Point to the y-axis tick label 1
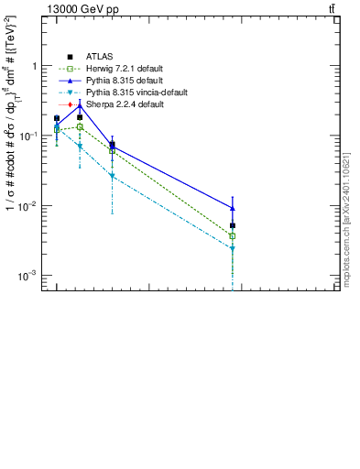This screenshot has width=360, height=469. point(33,66)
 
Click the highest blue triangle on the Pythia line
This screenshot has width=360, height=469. point(80,105)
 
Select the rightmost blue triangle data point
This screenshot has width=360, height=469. point(233,208)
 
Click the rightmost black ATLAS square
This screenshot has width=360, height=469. point(233,225)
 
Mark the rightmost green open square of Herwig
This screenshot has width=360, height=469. point(233,235)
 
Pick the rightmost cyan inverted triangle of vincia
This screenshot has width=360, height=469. point(233,249)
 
